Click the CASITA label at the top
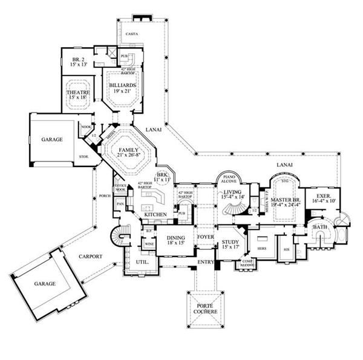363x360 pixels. pos(132,34)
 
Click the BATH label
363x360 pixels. pos(319,227)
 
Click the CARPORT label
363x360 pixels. pos(90,256)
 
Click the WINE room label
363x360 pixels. pos(149,244)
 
